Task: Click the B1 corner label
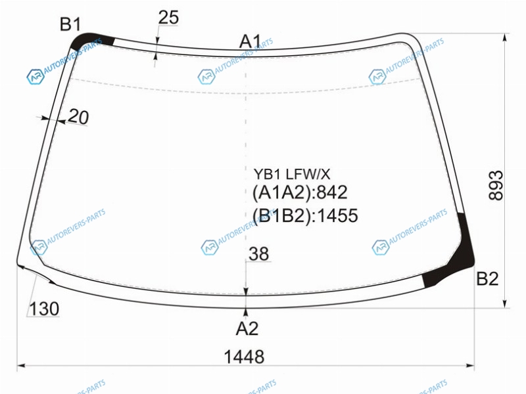[70, 24]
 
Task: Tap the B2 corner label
[487, 278]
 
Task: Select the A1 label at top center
[250, 42]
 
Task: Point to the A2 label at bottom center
[247, 329]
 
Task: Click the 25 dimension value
[168, 18]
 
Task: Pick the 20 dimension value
[78, 117]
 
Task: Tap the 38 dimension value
[258, 253]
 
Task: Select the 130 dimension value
[44, 309]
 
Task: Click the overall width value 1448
[244, 357]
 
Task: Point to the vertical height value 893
[496, 185]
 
